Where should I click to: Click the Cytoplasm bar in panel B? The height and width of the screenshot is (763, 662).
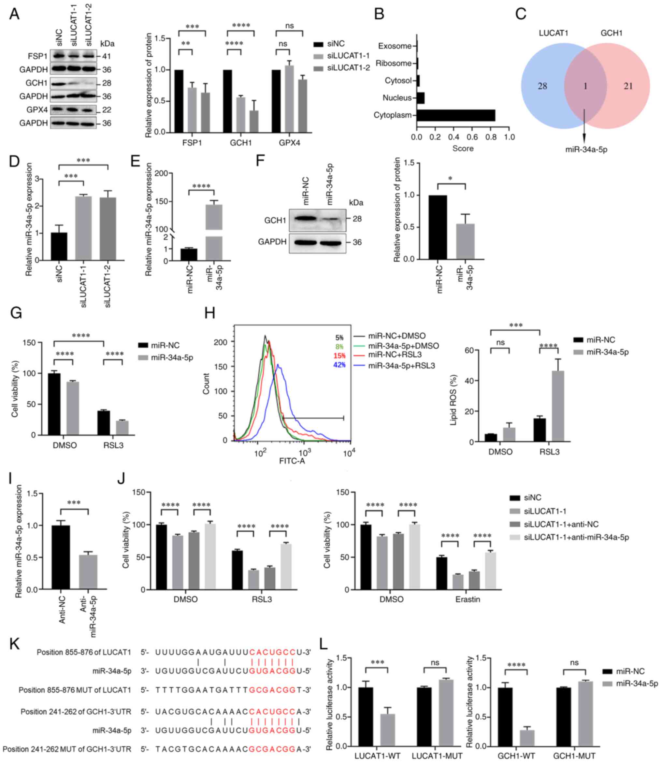point(455,115)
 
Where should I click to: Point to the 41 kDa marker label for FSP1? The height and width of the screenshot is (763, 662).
point(107,57)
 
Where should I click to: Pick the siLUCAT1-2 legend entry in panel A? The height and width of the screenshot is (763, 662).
point(348,68)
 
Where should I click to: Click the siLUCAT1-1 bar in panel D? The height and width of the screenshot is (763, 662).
point(83,228)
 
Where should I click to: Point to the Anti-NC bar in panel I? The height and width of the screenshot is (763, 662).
point(61,557)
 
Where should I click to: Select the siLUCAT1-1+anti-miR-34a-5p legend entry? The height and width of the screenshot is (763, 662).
point(576,537)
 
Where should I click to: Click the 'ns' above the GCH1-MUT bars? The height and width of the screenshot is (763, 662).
point(574,663)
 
